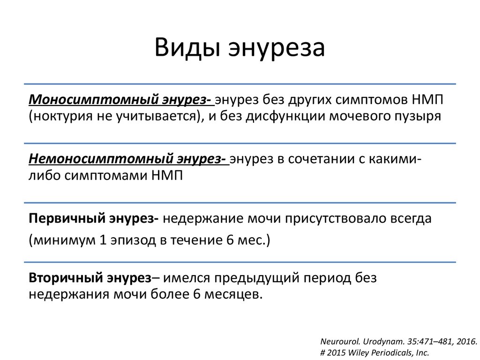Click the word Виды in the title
coord(187,47)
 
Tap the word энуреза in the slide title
coord(277,48)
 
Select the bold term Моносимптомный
coord(93,99)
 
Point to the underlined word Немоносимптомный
coord(100,159)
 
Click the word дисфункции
coord(285,116)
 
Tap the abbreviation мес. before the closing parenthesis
coord(252,240)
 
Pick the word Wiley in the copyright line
coord(358,353)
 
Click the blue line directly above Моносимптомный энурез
coord(240,83)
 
